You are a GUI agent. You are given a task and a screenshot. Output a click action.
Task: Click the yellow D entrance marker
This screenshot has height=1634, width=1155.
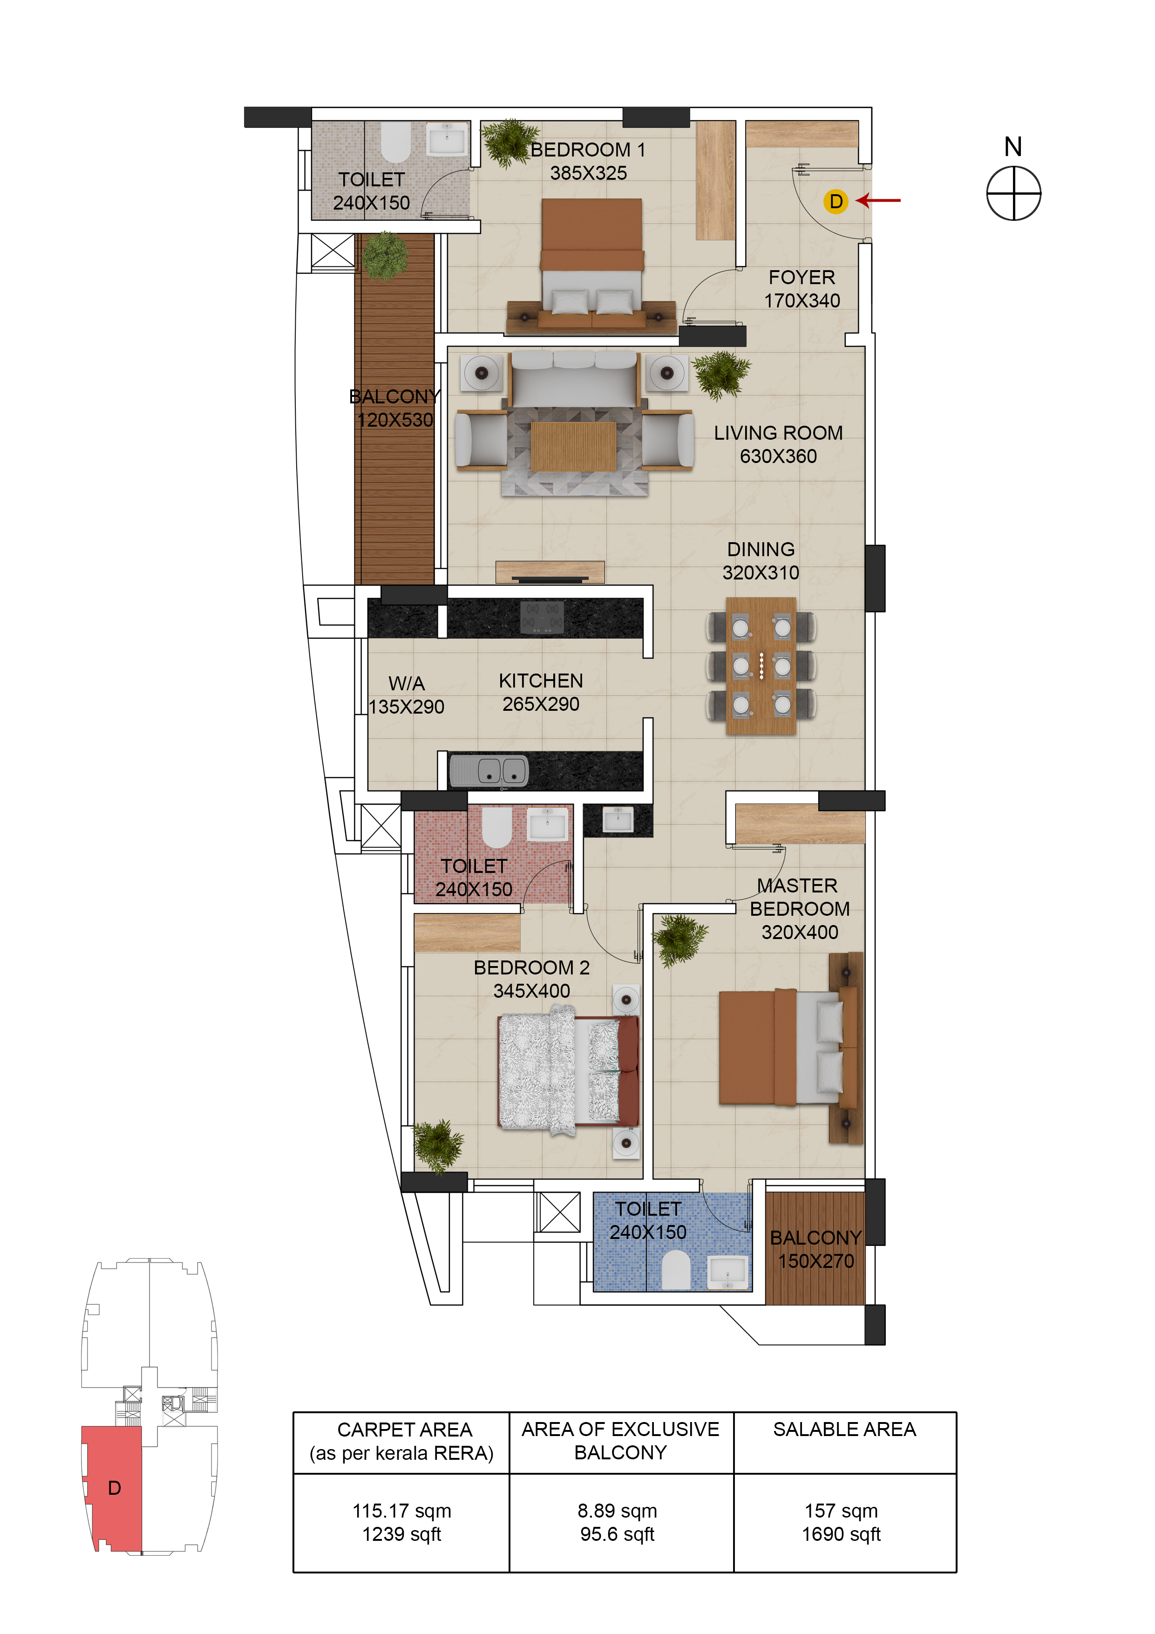pos(836,201)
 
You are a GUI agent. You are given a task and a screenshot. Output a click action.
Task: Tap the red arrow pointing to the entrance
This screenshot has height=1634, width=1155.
pos(878,201)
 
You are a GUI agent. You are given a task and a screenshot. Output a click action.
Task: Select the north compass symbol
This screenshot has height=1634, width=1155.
pos(1013,193)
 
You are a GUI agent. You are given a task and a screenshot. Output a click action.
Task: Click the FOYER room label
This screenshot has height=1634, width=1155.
pos(802,278)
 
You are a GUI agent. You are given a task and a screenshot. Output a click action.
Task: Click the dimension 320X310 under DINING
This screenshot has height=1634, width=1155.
pos(760,573)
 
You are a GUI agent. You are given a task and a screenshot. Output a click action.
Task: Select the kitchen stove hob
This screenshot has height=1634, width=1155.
pos(542,617)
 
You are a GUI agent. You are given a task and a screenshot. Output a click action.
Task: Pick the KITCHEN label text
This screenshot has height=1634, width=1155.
pos(541,681)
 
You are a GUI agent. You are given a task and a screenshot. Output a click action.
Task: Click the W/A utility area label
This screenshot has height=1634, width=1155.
pos(407,684)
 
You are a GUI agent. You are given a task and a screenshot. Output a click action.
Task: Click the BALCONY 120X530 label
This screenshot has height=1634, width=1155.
pos(394,408)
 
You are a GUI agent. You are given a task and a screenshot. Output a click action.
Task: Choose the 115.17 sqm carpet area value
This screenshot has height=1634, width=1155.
pos(401,1511)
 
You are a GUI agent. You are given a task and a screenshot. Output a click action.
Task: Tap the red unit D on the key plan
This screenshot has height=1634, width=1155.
pos(114,1487)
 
